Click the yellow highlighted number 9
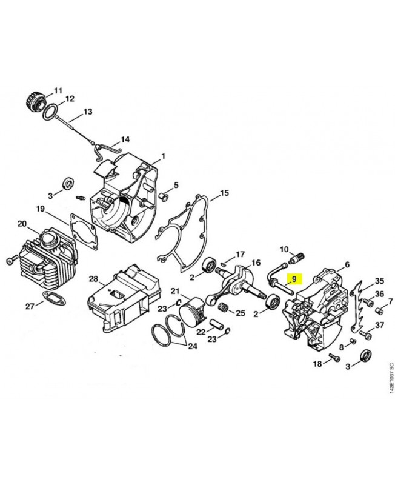(x=294, y=279)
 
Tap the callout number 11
(x=58, y=90)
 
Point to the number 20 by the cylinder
(x=22, y=224)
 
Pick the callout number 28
(x=94, y=279)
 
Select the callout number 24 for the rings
(x=193, y=346)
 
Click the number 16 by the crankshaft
(x=256, y=263)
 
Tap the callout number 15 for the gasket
(x=224, y=193)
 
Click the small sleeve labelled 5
(x=164, y=196)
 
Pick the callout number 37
(x=380, y=325)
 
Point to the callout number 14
(x=125, y=139)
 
